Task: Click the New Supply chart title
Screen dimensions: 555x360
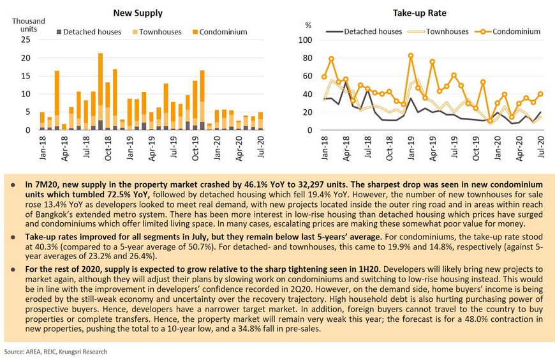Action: (x=138, y=13)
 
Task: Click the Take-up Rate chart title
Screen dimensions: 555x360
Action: (x=419, y=13)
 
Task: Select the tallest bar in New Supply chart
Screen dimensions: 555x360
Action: (x=101, y=91)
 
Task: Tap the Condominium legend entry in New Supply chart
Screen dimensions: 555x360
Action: (x=219, y=32)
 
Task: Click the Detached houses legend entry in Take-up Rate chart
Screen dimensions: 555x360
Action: (x=364, y=31)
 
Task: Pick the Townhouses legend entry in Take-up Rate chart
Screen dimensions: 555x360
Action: (x=438, y=31)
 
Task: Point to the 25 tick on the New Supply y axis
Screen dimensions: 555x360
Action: (x=26, y=40)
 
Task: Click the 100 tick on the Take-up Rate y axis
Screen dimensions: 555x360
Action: (x=305, y=40)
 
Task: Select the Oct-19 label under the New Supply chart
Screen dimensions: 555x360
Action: (x=195, y=149)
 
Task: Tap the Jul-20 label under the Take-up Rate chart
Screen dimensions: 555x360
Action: (x=541, y=147)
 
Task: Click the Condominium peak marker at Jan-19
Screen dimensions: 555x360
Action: (x=411, y=56)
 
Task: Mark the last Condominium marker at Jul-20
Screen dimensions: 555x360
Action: (x=540, y=94)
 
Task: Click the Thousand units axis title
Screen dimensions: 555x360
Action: (x=29, y=25)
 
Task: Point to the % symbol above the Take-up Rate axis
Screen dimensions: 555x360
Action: (x=308, y=26)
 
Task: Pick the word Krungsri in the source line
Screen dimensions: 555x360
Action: (x=68, y=352)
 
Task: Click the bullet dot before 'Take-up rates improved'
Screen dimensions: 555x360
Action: (x=13, y=237)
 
